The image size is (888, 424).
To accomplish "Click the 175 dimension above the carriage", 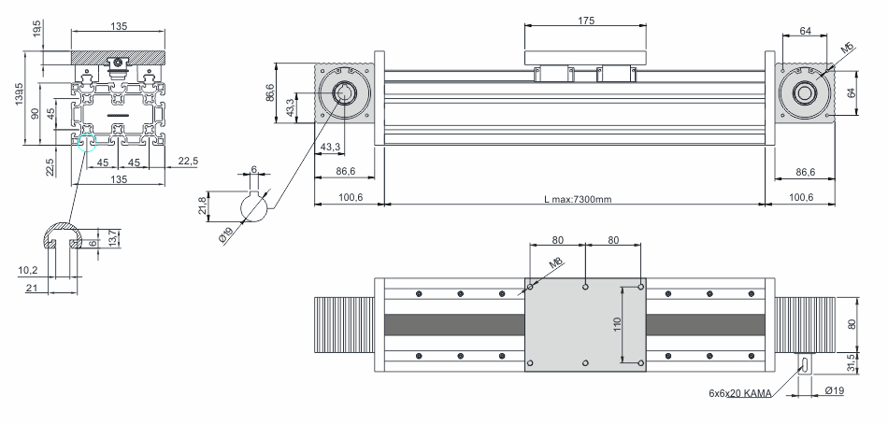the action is point(586,21).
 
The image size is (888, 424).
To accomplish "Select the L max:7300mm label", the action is point(578,199).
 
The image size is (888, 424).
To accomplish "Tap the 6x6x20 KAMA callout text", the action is point(739,392).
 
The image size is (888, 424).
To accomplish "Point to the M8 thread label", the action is point(557,263).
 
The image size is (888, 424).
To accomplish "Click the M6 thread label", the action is point(847,49).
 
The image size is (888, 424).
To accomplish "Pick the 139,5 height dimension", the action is point(20,94).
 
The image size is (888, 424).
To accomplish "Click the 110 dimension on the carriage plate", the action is point(617,324).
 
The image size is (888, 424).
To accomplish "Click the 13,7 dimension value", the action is point(112,238).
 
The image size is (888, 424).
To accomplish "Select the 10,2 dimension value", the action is point(28,271).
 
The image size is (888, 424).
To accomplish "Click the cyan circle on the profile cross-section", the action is point(86,142).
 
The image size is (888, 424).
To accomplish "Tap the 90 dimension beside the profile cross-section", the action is point(36,113).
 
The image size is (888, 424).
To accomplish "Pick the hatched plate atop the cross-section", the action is point(118,57).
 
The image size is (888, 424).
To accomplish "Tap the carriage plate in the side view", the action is point(585,58).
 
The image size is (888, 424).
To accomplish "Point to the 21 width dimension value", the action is point(32,289).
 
